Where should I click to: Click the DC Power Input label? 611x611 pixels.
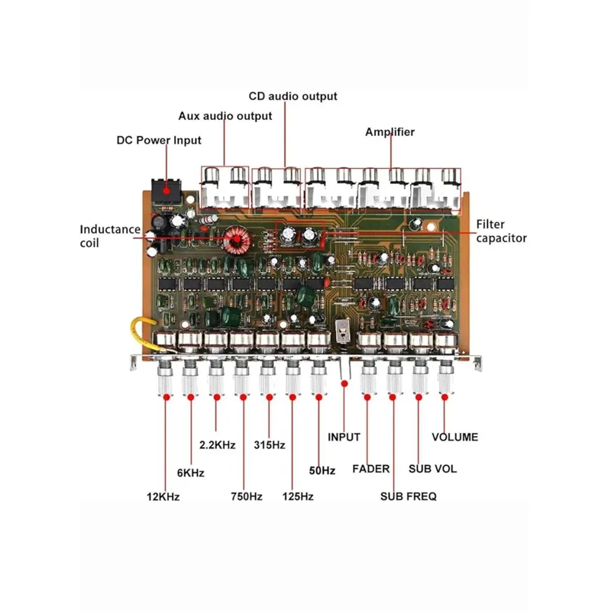pyautogui.click(x=159, y=141)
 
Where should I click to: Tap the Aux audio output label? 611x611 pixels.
pyautogui.click(x=225, y=116)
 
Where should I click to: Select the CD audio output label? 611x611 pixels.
pyautogui.click(x=293, y=96)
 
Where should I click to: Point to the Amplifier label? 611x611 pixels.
pyautogui.click(x=390, y=132)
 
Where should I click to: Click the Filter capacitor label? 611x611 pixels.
pyautogui.click(x=502, y=231)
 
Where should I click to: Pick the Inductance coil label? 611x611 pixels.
pyautogui.click(x=110, y=236)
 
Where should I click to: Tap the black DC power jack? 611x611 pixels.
pyautogui.click(x=166, y=191)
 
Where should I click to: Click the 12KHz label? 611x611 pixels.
pyautogui.click(x=163, y=497)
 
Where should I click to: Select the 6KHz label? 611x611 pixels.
pyautogui.click(x=191, y=473)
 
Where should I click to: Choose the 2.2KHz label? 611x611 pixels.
pyautogui.click(x=218, y=445)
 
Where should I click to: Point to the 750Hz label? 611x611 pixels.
pyautogui.click(x=247, y=496)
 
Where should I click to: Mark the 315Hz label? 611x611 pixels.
pyautogui.click(x=270, y=445)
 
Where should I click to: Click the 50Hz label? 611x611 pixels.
pyautogui.click(x=322, y=470)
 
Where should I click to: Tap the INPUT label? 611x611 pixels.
pyautogui.click(x=344, y=437)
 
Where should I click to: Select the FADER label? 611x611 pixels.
pyautogui.click(x=371, y=469)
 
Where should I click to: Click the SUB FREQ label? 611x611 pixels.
pyautogui.click(x=409, y=496)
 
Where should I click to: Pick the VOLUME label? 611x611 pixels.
pyautogui.click(x=454, y=437)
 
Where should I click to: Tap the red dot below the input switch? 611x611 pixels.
pyautogui.click(x=344, y=384)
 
